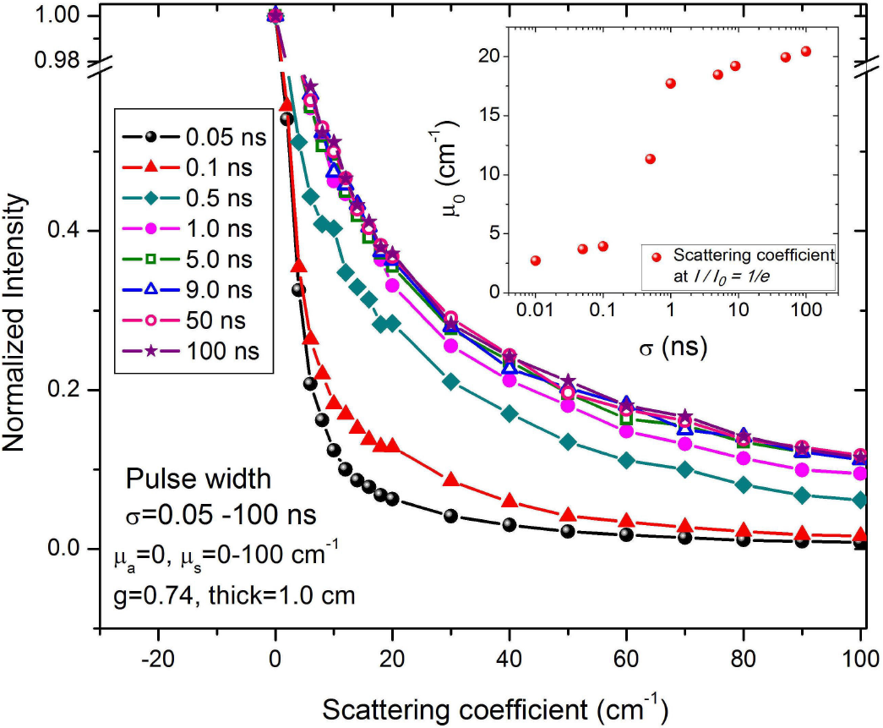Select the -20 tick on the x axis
point(158,657)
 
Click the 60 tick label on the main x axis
point(626,657)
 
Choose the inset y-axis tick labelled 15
point(499,116)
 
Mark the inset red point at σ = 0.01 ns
point(536,260)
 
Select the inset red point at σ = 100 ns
point(805,52)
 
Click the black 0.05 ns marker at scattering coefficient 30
point(450,516)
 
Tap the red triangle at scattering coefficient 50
point(568,515)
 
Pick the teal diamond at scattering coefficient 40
point(510,413)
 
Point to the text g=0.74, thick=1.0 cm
point(234,594)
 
